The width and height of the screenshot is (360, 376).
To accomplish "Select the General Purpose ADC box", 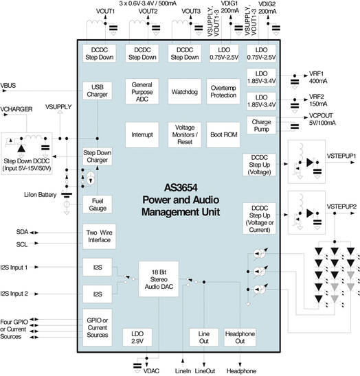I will (x=140, y=91).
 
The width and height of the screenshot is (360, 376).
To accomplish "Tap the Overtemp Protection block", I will (x=224, y=91).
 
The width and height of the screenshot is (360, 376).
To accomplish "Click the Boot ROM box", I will (x=224, y=134).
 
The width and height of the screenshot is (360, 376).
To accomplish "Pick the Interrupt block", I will (x=140, y=134).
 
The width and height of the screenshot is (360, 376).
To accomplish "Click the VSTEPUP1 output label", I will (x=341, y=157).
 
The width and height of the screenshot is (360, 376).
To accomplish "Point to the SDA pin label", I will (x=22, y=232).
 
